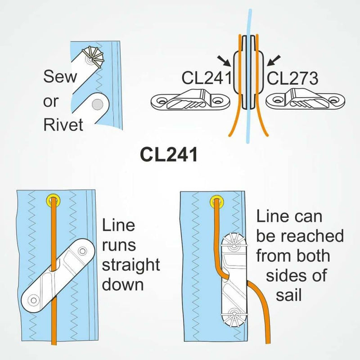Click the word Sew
[58, 76]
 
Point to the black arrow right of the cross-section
[274, 60]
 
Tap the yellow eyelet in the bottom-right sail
[218, 198]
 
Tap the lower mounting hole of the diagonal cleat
[32, 299]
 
